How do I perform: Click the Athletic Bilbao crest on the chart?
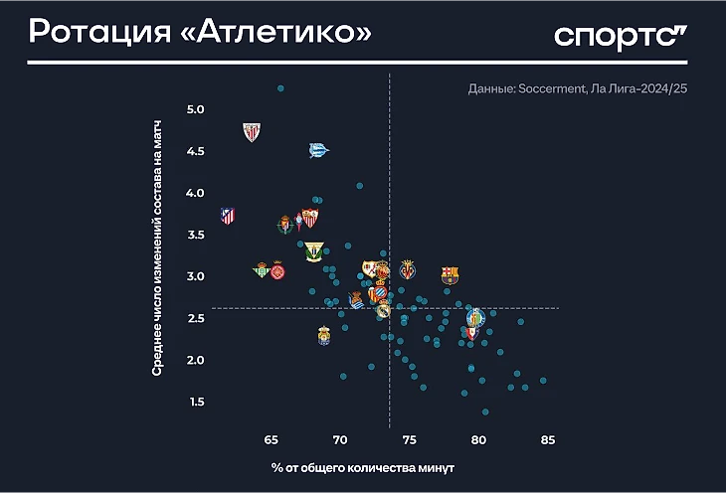coord(252,131)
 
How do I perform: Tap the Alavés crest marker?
coord(317,150)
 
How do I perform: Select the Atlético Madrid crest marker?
coord(228,215)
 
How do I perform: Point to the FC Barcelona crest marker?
coord(451,275)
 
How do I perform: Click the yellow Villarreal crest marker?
coord(408,269)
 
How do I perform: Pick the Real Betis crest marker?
coord(262,269)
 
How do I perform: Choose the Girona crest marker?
coord(278,270)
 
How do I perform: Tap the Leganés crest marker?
coord(314,251)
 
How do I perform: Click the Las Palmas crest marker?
coord(323,336)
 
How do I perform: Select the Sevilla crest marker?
coord(309,218)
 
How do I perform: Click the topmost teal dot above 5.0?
coord(280,88)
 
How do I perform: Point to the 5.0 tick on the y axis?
coord(195,108)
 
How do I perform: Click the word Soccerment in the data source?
coord(545,89)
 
